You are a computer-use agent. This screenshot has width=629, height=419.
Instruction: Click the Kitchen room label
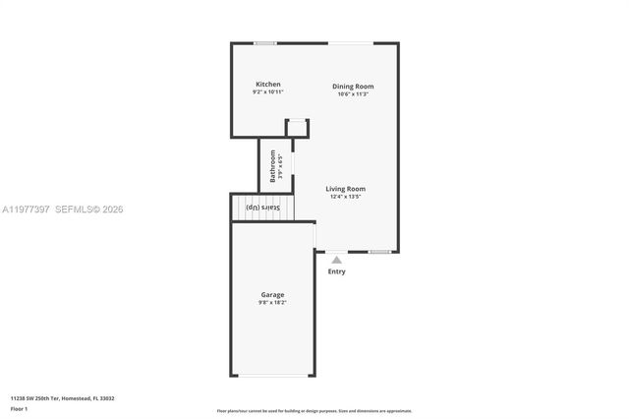[x=268, y=85]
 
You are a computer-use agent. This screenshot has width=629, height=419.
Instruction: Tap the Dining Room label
[x=352, y=87]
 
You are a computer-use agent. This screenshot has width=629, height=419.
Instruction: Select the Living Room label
[x=346, y=188]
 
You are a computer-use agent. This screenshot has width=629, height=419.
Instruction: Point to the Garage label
[x=272, y=295]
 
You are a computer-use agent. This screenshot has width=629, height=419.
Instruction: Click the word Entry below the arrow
[x=336, y=271]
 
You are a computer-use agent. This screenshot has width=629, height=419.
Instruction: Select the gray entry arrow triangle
[x=336, y=260]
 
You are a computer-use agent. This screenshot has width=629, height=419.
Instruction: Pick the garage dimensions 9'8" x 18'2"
[x=272, y=303]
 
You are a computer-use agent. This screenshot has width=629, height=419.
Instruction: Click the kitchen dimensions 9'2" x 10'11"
[x=268, y=92]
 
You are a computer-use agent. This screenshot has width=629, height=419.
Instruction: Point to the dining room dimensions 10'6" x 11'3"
[x=352, y=94]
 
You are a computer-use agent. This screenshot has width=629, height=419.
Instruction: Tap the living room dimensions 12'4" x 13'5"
[x=346, y=196]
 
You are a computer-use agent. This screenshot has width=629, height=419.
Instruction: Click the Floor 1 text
[x=20, y=408]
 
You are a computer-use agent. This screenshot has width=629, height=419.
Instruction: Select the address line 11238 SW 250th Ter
[x=62, y=398]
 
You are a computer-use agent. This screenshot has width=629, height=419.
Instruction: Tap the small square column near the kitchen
[x=296, y=129]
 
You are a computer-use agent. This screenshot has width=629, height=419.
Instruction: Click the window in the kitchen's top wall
[x=264, y=43]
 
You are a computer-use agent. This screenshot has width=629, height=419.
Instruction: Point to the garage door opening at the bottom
[x=272, y=376]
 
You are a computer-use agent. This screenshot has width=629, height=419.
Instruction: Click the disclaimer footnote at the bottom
[x=314, y=411]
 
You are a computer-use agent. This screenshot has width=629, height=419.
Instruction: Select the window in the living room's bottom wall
[x=379, y=251]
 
